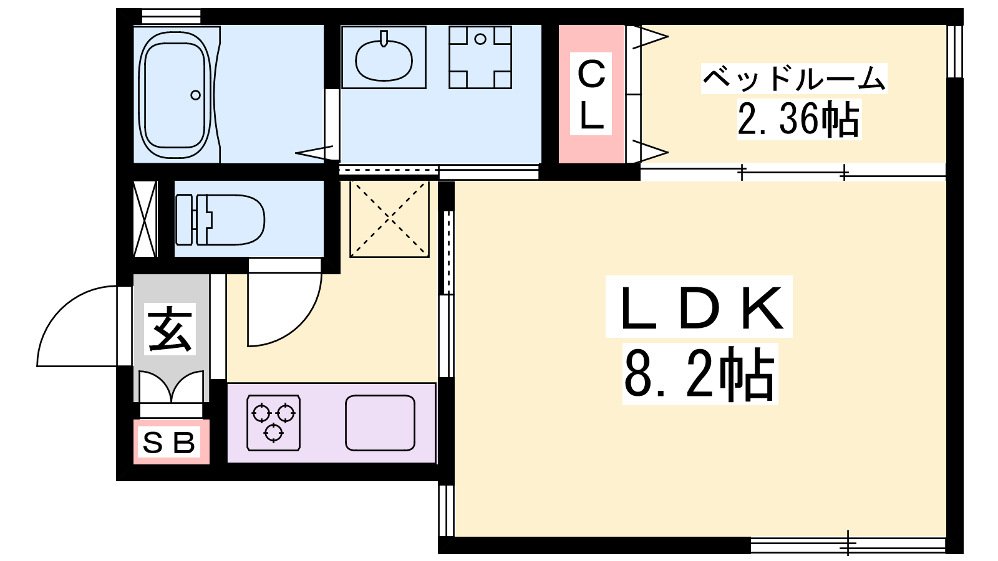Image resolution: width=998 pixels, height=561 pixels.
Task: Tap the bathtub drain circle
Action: click(x=195, y=95)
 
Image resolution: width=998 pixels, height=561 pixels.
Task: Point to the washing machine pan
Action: click(x=480, y=57)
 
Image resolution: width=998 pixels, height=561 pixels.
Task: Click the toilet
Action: click(x=220, y=219)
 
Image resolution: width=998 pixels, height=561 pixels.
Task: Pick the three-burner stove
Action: click(x=274, y=423)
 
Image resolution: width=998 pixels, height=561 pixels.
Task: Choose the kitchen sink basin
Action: click(x=380, y=423)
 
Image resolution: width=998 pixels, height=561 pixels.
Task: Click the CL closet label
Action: click(x=591, y=94)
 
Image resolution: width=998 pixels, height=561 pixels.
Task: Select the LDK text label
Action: click(x=699, y=307)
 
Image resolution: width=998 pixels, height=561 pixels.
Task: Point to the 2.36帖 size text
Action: click(x=799, y=119)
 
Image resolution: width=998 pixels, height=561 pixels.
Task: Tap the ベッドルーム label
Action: click(x=794, y=79)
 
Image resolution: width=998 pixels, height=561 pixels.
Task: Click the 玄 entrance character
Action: click(x=170, y=329)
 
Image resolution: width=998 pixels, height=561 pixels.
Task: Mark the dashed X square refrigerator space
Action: click(x=389, y=219)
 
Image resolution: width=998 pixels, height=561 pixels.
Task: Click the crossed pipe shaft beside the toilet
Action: click(x=145, y=219)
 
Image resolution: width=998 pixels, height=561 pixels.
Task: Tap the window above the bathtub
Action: click(x=171, y=16)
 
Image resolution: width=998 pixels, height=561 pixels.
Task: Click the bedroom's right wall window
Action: click(x=954, y=51)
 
